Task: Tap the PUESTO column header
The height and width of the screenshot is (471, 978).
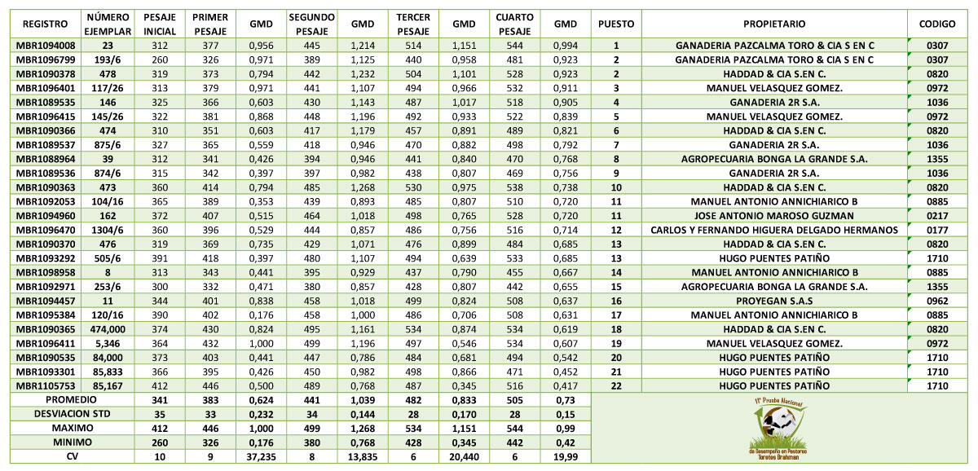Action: coord(616,24)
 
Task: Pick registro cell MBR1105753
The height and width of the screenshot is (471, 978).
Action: coord(45,385)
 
